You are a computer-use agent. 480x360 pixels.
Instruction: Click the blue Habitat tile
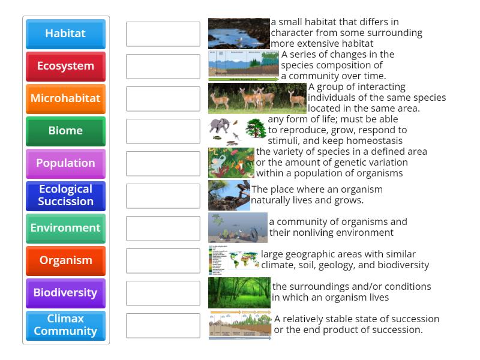tap(65, 34)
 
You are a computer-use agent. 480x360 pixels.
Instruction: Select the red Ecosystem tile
tap(65, 66)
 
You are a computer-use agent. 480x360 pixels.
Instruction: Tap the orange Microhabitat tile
tap(65, 98)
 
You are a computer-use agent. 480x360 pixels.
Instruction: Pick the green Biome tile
tap(65, 131)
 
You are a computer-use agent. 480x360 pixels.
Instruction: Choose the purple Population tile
tap(65, 163)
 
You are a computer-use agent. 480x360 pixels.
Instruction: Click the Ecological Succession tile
tap(65, 196)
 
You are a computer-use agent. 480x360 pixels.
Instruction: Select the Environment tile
tap(65, 228)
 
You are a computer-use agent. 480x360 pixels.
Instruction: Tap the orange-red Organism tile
tap(65, 260)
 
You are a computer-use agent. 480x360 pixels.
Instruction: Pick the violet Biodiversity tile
tap(65, 293)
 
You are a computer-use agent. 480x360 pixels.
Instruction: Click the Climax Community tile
tap(65, 325)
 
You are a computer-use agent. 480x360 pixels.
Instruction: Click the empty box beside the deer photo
tap(163, 99)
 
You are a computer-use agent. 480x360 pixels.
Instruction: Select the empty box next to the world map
tap(163, 261)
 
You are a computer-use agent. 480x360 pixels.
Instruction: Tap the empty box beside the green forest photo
tap(163, 293)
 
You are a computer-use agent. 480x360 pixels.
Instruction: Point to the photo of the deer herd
tap(257, 98)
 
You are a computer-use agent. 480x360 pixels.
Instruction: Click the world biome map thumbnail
tap(234, 260)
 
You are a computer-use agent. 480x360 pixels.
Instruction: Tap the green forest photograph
tap(239, 293)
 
